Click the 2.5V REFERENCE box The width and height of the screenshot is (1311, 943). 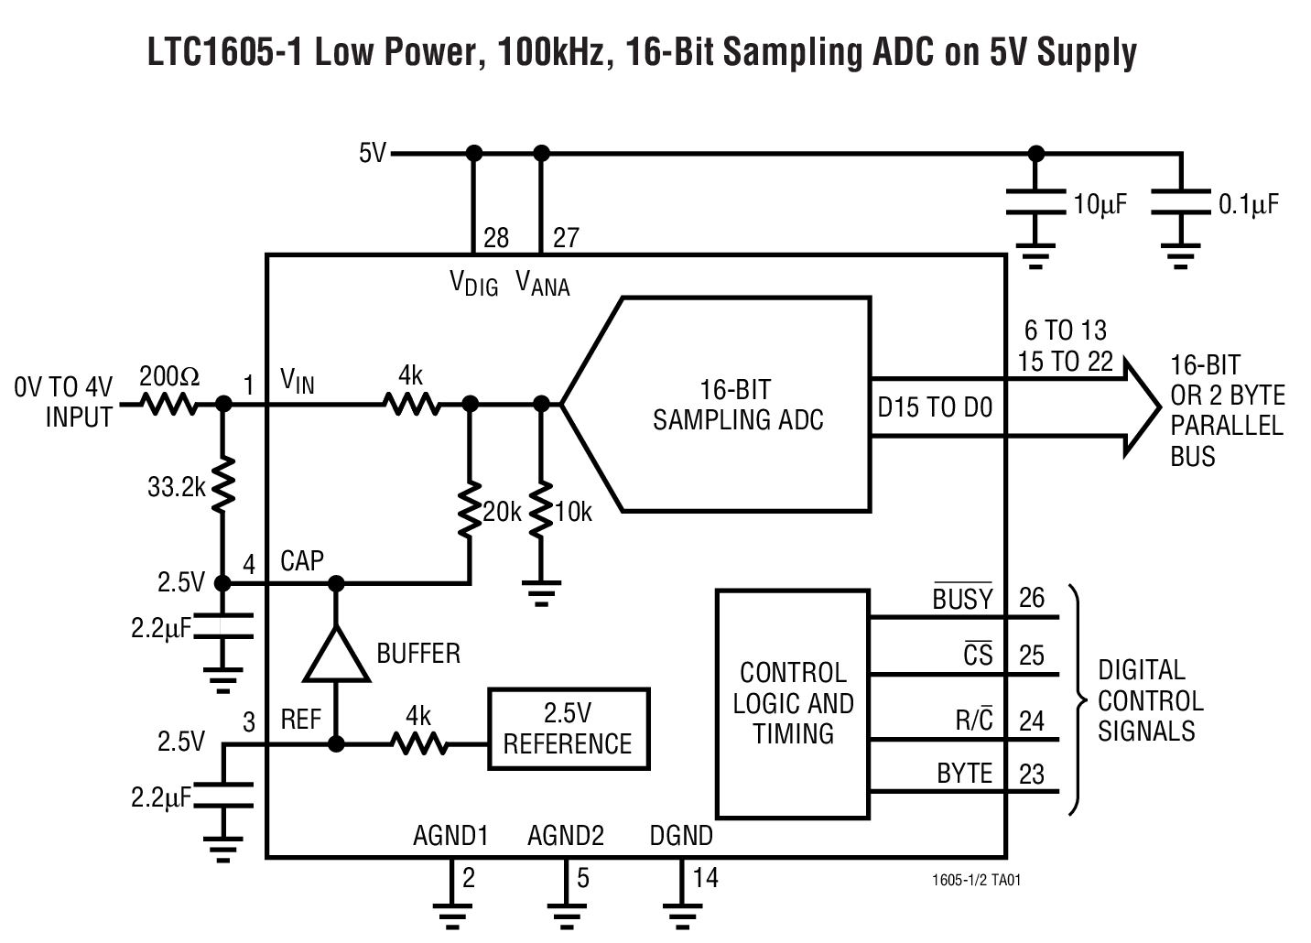pyautogui.click(x=568, y=729)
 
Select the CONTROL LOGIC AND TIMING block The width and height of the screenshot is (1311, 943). pyautogui.click(x=792, y=703)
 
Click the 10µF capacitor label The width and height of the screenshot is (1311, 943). pyautogui.click(x=1100, y=205)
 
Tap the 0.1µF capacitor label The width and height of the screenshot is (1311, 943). pyautogui.click(x=1248, y=205)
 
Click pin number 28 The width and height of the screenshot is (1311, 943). pyautogui.click(x=495, y=238)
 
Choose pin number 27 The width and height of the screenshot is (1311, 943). pyautogui.click(x=566, y=238)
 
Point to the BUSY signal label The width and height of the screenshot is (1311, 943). pyautogui.click(x=962, y=599)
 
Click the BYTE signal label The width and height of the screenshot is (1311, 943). pyautogui.click(x=964, y=774)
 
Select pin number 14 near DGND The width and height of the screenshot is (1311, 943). pyautogui.click(x=705, y=878)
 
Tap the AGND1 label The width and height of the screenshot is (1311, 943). pyautogui.click(x=450, y=835)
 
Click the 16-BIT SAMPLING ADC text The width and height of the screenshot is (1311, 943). pyautogui.click(x=737, y=405)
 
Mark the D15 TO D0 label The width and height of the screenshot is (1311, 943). pyautogui.click(x=934, y=407)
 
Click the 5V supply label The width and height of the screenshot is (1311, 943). pyautogui.click(x=373, y=153)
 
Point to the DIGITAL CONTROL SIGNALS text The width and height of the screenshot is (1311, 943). pyautogui.click(x=1150, y=700)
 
